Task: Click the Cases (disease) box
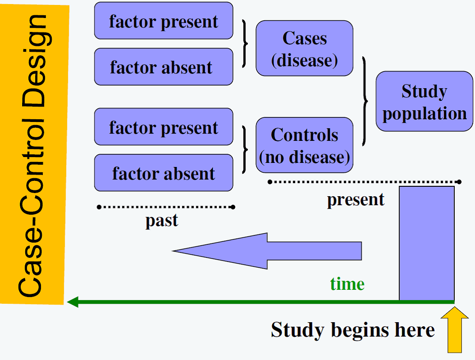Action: click(305, 48)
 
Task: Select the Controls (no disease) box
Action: click(305, 145)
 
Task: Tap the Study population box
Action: click(425, 101)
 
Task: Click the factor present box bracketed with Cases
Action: click(164, 21)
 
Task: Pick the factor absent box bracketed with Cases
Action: click(164, 67)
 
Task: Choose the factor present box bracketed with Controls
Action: click(164, 126)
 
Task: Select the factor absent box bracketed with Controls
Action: click(164, 173)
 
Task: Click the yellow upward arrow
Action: click(455, 330)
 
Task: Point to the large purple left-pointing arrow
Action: click(267, 251)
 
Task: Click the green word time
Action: click(347, 284)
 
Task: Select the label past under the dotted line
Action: click(162, 221)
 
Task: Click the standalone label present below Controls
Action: click(356, 200)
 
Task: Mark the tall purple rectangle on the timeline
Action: click(427, 243)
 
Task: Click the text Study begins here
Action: click(353, 330)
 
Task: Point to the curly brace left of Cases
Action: click(245, 44)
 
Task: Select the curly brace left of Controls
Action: click(245, 149)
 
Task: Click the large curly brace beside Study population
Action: click(365, 101)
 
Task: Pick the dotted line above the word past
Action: click(166, 207)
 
